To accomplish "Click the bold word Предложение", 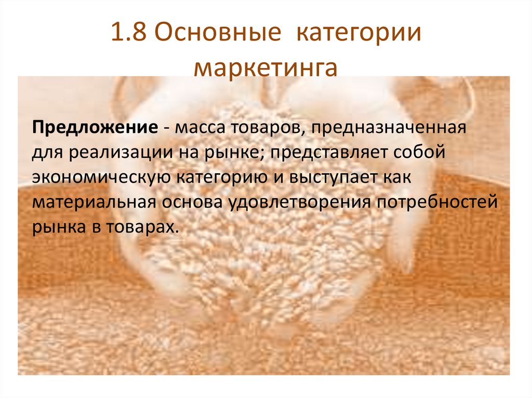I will pyautogui.click(x=94, y=128).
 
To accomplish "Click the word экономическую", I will pyautogui.click(x=102, y=176).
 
